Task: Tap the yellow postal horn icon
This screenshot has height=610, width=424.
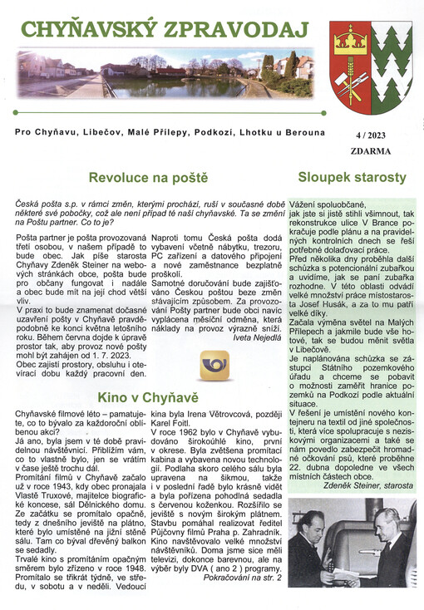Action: coord(215,365)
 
